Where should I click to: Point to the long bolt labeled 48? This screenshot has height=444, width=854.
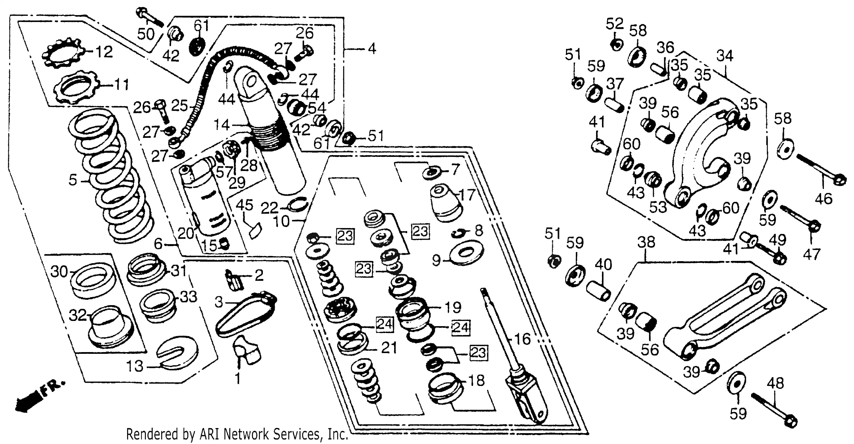click(x=774, y=409)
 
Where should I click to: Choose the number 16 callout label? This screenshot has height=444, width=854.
click(x=522, y=339)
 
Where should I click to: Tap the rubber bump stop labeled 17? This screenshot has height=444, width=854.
click(x=445, y=203)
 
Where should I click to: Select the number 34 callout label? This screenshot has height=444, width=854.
click(x=724, y=56)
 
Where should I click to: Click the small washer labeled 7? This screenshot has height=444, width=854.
click(x=432, y=172)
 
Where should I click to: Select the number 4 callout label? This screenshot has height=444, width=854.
click(x=372, y=49)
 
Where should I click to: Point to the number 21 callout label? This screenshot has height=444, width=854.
click(x=389, y=348)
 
